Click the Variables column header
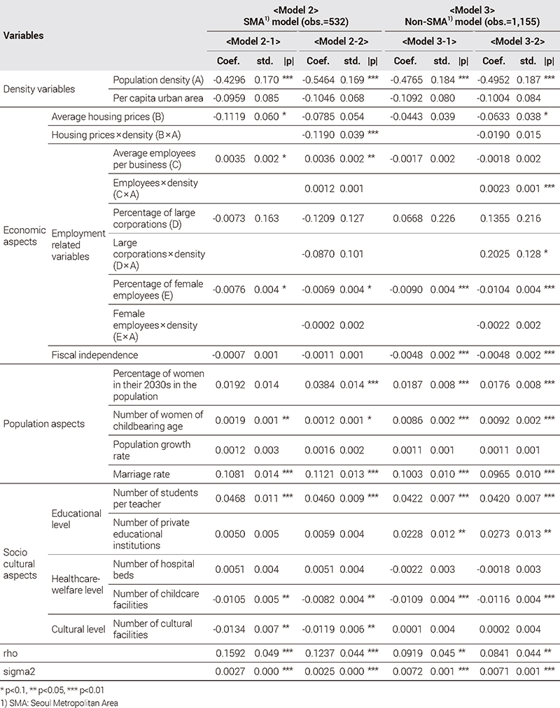click(x=24, y=35)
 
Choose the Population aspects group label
click(x=44, y=423)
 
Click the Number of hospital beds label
click(x=154, y=569)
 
